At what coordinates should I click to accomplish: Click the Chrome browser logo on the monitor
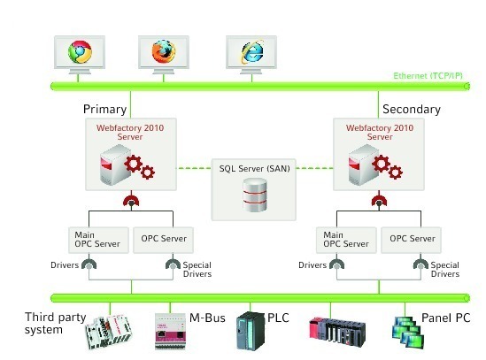80,51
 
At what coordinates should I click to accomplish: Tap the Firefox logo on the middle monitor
164,51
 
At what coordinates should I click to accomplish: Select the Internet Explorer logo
252,51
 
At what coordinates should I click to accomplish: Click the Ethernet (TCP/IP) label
428,76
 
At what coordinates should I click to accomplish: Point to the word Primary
104,110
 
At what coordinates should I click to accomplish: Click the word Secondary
412,110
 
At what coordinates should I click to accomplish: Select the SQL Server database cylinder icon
255,195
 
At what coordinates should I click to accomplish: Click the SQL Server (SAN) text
254,169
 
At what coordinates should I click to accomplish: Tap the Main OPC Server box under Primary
98,240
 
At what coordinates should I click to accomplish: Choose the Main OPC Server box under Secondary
346,240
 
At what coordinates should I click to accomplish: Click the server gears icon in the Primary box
127,165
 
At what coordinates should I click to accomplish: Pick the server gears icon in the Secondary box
375,165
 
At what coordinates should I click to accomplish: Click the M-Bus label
207,318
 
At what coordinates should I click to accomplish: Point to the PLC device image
251,331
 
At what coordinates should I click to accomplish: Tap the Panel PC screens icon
408,332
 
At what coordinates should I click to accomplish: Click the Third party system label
55,324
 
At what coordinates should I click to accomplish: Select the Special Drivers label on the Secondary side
444,270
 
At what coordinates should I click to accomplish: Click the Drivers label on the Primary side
65,265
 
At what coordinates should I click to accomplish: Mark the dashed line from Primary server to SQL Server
194,168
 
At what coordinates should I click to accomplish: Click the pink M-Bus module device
171,332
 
